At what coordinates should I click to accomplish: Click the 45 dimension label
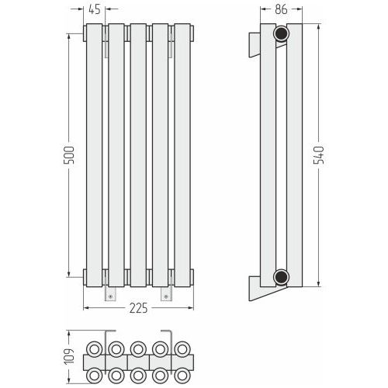pyautogui.click(x=95, y=9)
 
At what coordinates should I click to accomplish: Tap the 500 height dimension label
pyautogui.click(x=69, y=155)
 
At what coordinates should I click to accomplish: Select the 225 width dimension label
pyautogui.click(x=138, y=308)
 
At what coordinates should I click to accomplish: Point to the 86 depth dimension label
pyautogui.click(x=281, y=9)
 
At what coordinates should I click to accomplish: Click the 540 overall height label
pyautogui.click(x=318, y=155)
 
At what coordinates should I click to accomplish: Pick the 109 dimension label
pyautogui.click(x=69, y=356)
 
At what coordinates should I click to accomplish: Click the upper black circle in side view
pyautogui.click(x=281, y=33)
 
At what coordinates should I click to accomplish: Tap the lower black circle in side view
pyautogui.click(x=281, y=277)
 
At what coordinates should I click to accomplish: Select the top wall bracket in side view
pyautogui.click(x=255, y=45)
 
